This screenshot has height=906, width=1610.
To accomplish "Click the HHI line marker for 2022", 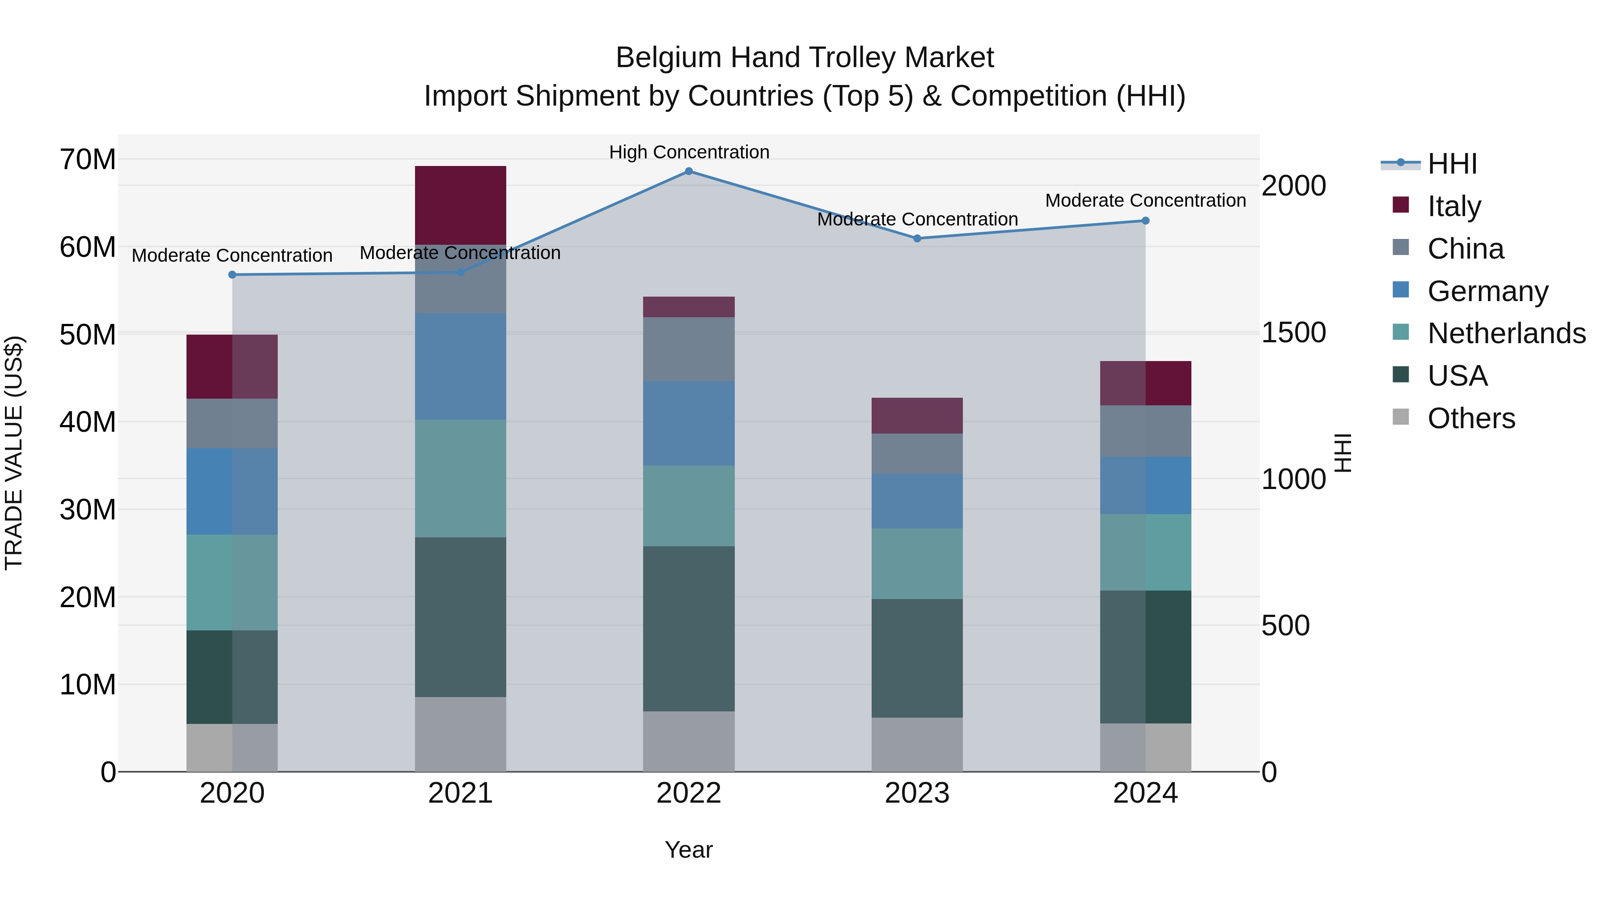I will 689,171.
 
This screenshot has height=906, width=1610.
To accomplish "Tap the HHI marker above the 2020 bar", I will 233,275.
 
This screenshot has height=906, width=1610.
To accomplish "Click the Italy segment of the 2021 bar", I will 461,205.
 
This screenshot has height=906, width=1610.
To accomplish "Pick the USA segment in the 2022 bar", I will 689,629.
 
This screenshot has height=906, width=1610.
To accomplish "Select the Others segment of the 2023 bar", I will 917,744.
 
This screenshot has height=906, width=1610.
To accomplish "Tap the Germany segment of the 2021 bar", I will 461,366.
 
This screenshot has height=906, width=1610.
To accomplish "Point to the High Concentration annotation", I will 689,153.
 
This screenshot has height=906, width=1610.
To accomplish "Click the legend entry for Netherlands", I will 1506,333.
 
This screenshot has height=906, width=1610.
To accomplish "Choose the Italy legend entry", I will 1454,206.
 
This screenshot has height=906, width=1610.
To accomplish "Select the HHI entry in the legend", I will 1452,164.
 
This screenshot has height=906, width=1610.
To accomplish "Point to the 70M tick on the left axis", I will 88,160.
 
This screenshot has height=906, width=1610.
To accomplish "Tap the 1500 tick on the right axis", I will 1293,332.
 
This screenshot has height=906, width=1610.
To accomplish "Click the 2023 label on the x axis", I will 917,793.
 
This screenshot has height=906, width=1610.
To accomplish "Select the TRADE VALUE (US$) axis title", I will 14,453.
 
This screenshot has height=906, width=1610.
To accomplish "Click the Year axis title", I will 689,850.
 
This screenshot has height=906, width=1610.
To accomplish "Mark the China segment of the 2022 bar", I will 689,349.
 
